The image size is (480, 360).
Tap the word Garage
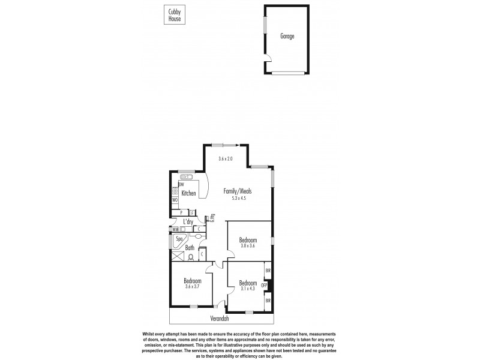point(287,37)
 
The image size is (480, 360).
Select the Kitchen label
point(189,193)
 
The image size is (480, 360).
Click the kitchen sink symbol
point(187,177)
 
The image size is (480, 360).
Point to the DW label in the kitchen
point(173,184)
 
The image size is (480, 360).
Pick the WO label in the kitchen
point(175,199)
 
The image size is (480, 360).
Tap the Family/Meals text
point(238,191)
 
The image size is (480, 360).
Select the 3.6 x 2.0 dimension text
point(226,159)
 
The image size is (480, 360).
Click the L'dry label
point(188,221)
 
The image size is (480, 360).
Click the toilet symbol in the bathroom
point(190,257)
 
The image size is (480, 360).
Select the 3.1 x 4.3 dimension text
point(248,289)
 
